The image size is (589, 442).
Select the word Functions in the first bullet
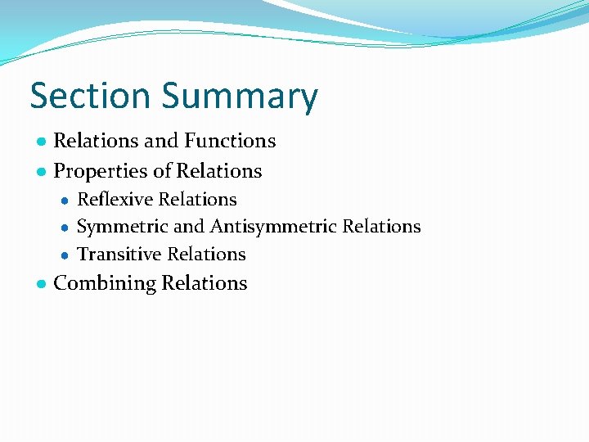coord(230,141)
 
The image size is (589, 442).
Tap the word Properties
coord(97,172)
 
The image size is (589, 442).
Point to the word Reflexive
coord(115,199)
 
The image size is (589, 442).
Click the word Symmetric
coord(122,227)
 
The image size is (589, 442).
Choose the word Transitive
coord(117,255)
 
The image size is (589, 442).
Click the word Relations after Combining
coord(205,283)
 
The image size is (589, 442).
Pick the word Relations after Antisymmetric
coord(382,227)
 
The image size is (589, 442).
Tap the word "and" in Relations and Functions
coord(160,141)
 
